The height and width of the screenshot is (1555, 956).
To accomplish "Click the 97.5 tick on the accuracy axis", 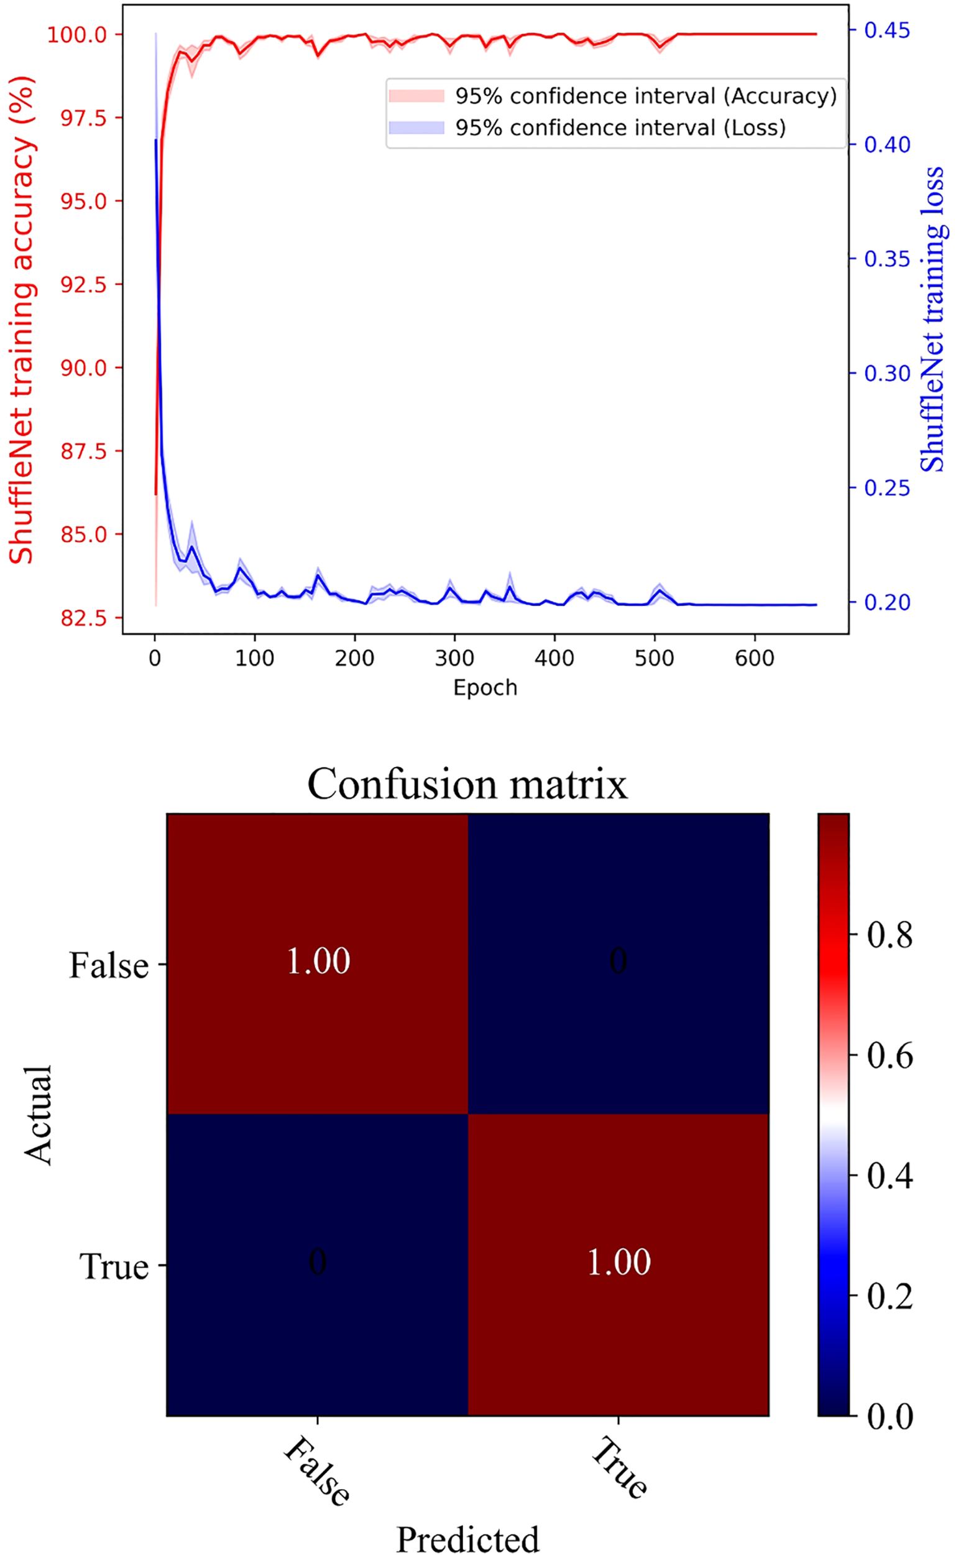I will [x=83, y=118].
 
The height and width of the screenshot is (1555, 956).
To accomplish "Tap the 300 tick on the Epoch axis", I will [x=454, y=659].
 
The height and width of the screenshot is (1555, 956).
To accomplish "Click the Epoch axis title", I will [x=485, y=688].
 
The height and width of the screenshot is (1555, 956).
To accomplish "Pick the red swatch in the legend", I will [x=416, y=96].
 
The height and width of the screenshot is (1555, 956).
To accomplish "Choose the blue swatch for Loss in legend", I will [x=416, y=128].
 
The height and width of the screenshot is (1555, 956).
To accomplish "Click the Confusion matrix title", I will [x=467, y=784].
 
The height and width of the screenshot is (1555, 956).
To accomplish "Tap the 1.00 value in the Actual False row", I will [x=318, y=961].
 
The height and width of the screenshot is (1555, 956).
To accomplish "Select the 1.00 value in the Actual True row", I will [x=618, y=1262].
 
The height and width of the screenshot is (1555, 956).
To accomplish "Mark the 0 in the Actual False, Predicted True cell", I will [x=618, y=961].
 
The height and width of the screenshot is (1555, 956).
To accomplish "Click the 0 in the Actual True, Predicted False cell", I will [x=318, y=1262].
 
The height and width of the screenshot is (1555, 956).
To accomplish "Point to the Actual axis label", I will [x=38, y=1114].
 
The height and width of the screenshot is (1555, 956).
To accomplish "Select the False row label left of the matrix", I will [x=109, y=965].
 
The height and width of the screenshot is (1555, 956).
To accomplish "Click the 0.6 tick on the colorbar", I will [x=889, y=1056].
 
